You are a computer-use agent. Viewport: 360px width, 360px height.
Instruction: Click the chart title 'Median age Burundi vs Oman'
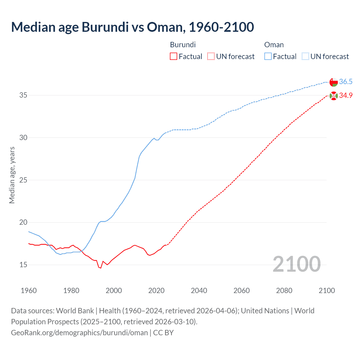coord(132,27)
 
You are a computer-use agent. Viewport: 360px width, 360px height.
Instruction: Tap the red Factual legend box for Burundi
coord(174,57)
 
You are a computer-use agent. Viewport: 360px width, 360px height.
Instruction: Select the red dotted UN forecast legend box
coord(211,57)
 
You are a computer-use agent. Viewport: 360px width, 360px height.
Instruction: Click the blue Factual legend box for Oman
coord(268,57)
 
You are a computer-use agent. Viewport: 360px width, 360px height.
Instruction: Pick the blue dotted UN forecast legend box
coord(305,57)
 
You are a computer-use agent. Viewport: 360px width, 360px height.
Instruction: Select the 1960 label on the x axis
coord(29,291)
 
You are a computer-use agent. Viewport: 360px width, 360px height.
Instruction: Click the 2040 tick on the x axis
coord(199,291)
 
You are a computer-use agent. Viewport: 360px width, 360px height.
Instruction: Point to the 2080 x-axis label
coord(284,291)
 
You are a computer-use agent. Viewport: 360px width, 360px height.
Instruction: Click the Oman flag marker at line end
coord(334,82)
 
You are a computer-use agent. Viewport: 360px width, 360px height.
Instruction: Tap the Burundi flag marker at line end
coord(334,96)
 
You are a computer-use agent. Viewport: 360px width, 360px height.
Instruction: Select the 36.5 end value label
coord(346,82)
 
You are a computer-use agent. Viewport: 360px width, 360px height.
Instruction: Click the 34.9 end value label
coord(346,96)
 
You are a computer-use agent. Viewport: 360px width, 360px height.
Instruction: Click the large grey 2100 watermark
coord(297,264)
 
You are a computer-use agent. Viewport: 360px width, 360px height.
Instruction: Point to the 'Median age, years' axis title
coord(12,175)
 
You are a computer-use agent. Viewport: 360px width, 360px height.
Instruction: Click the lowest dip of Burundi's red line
coord(100,268)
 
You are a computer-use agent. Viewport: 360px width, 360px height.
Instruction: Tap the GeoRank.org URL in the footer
coord(79,333)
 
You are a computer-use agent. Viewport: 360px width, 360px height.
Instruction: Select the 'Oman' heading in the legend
coord(274,45)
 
